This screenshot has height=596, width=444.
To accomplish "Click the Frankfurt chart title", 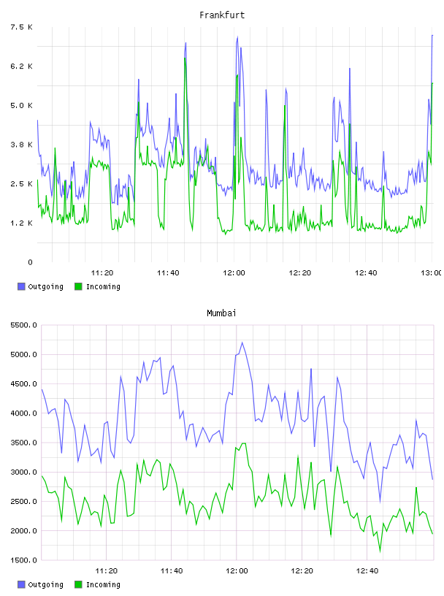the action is (x=222, y=15).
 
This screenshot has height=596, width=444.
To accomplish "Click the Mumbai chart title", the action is (x=221, y=313).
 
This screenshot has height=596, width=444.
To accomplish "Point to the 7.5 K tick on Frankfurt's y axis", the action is (x=22, y=27).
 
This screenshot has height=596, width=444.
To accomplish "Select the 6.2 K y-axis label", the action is (x=22, y=66).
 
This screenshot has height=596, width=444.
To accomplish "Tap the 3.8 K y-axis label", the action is (x=22, y=145).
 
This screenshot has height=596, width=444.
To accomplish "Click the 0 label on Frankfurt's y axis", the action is (x=30, y=262).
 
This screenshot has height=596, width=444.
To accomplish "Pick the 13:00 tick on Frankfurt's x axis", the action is (x=431, y=272).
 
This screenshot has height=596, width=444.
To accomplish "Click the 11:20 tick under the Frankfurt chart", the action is (x=102, y=272).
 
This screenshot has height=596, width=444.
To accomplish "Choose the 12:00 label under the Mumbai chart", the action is (x=237, y=570).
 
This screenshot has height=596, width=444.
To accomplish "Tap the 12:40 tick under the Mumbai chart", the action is (x=367, y=570).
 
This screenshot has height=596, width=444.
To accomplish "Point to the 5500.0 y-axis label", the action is (x=23, y=325).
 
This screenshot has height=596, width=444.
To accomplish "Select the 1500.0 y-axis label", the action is (x=23, y=560).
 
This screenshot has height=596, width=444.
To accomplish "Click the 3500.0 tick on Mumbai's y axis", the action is (x=23, y=443).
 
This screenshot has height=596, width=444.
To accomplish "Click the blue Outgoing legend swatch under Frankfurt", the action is (x=21, y=286).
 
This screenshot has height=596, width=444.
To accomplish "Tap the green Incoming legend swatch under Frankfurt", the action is (x=78, y=286).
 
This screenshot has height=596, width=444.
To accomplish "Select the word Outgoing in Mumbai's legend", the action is (x=45, y=584).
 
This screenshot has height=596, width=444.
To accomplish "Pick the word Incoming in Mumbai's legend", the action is (x=103, y=584).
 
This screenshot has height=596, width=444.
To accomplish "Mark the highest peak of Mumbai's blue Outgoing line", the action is (x=242, y=343).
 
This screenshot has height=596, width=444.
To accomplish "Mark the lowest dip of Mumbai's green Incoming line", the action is (x=380, y=551).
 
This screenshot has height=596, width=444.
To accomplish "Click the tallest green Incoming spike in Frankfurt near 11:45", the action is (x=185, y=58).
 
